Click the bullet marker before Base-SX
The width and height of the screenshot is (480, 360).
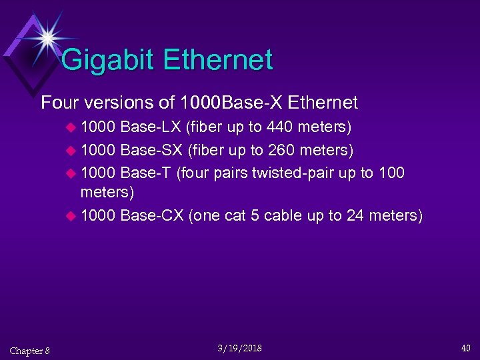pyautogui.click(x=71, y=151)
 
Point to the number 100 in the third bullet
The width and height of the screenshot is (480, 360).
pyautogui.click(x=391, y=173)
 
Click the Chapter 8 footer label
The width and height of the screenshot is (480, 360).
pyautogui.click(x=29, y=351)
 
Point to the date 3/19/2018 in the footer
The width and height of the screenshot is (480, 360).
pyautogui.click(x=239, y=348)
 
